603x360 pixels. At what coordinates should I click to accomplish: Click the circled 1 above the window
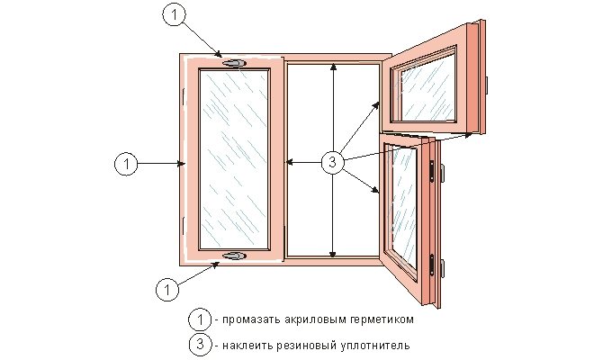(175, 14)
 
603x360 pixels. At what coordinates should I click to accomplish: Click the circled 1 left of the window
(126, 164)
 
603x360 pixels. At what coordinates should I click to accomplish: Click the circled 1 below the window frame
(167, 289)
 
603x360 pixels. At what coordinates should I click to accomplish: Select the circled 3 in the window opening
(333, 162)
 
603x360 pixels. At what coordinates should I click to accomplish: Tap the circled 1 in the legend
(200, 319)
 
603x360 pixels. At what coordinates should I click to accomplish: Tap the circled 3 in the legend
(201, 344)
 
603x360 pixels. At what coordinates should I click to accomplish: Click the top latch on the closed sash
(234, 63)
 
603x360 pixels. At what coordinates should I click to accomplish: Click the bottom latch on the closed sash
(234, 256)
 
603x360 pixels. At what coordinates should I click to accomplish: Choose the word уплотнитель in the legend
(376, 346)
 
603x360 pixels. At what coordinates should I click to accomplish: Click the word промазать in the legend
(251, 320)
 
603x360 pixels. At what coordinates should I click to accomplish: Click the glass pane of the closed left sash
(234, 158)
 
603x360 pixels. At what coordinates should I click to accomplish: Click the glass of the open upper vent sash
(428, 87)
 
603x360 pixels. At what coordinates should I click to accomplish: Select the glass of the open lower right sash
(405, 207)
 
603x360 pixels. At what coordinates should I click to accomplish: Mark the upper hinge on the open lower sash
(432, 172)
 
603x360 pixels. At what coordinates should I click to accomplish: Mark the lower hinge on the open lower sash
(432, 265)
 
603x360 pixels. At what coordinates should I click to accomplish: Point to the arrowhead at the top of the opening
(333, 67)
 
